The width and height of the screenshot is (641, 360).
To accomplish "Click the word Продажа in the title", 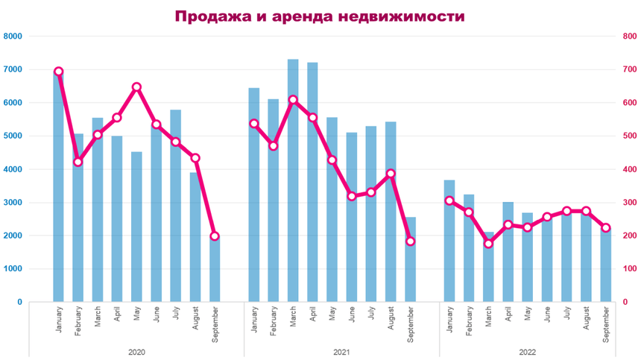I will (209, 16).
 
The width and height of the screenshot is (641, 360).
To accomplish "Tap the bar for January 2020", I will (58, 186).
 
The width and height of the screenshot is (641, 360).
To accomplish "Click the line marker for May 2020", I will (136, 87).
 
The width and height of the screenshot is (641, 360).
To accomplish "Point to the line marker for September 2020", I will (215, 236).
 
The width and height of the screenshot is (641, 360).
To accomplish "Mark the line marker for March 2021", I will (293, 100).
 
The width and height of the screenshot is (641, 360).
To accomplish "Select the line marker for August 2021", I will (391, 174).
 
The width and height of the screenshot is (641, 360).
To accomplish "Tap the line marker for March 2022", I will (488, 244).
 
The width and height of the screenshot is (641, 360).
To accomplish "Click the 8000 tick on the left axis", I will (13, 37).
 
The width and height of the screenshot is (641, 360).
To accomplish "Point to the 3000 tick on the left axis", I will (13, 203).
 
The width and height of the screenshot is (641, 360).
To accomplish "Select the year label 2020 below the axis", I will (137, 351).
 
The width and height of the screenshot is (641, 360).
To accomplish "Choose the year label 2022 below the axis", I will (528, 351).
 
